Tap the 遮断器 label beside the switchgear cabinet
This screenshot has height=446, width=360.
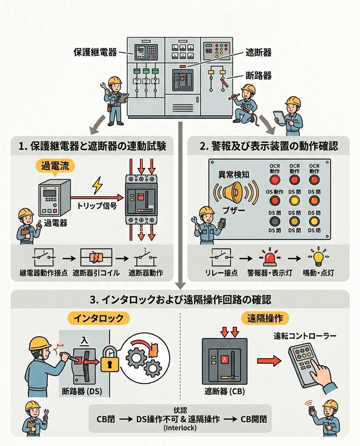(258, 52)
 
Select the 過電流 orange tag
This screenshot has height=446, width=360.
(54, 165)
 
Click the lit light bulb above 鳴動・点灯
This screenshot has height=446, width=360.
(318, 255)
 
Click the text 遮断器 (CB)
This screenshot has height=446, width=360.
(224, 391)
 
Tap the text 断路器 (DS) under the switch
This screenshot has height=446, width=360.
(84, 391)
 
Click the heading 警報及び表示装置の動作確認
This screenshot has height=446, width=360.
(269, 146)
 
